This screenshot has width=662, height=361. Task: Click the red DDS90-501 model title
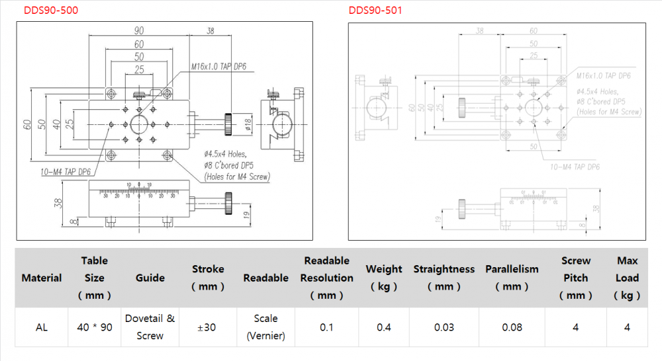(375, 11)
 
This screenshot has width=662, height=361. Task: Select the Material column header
(42, 278)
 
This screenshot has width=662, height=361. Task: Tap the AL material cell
(41, 327)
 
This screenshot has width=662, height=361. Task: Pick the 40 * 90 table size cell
(95, 327)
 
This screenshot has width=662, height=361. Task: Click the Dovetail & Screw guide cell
(150, 327)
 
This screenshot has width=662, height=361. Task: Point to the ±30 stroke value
(208, 327)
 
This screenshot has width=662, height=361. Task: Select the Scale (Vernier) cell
(265, 327)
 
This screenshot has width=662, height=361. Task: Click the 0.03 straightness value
(444, 327)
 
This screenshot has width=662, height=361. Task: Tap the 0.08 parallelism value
(512, 327)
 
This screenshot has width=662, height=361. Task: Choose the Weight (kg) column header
(384, 278)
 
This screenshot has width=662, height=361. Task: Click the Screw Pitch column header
(575, 278)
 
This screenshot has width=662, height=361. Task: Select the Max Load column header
(627, 278)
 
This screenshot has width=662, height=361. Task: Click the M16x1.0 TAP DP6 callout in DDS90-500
(218, 67)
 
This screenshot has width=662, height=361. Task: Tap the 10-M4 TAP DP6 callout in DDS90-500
(66, 172)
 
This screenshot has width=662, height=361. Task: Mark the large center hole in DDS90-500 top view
(139, 123)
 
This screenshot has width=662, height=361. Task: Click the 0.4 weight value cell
(384, 327)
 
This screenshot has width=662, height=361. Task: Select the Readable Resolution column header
(326, 278)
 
